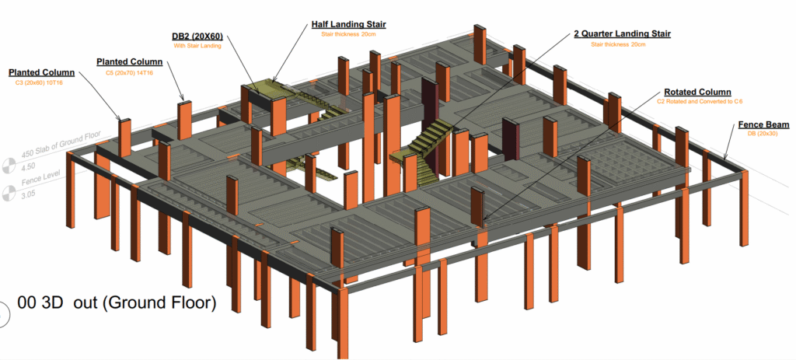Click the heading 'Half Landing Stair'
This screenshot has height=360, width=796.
click(x=348, y=24)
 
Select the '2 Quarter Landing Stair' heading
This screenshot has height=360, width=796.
click(x=622, y=33)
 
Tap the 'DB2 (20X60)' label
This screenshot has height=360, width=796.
click(x=197, y=36)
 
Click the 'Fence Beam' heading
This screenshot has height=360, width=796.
click(x=763, y=124)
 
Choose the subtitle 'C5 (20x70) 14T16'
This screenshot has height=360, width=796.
click(x=129, y=72)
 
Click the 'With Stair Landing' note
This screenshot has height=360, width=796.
click(x=197, y=46)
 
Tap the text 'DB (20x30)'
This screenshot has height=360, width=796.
click(x=763, y=135)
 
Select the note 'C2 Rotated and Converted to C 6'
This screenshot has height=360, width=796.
click(x=693, y=101)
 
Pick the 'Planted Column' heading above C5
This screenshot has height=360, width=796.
click(x=129, y=61)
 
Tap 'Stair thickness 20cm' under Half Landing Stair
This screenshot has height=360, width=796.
click(x=348, y=35)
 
